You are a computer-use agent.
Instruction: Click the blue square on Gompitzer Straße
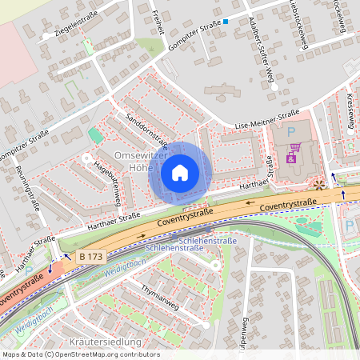226,22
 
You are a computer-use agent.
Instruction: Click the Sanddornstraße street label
146,130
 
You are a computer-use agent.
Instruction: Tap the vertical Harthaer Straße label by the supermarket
270,169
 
